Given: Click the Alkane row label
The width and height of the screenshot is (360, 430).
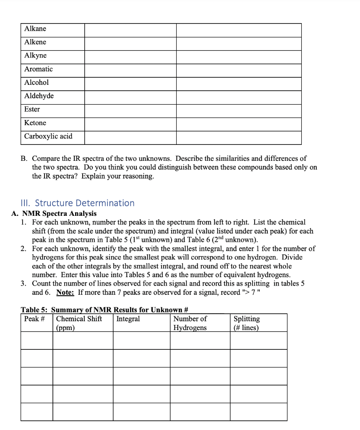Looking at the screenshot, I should click(x=35, y=29).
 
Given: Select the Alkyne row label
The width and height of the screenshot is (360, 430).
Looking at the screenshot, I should click(x=35, y=56).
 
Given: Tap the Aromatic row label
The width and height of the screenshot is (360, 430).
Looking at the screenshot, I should click(x=38, y=69).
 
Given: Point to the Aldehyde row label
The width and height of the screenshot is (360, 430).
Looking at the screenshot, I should click(x=39, y=96).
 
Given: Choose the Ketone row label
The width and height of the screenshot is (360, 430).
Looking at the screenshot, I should click(x=35, y=123).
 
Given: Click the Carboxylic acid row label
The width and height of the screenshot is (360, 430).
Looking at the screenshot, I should click(x=48, y=136).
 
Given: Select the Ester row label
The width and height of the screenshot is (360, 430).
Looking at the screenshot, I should click(x=32, y=110).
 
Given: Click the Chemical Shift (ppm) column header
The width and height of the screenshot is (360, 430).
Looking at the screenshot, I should click(x=79, y=323).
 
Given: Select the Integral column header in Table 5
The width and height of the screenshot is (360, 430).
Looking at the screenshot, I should click(x=128, y=319).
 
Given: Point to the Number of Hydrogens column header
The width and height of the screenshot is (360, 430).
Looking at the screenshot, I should click(x=190, y=323).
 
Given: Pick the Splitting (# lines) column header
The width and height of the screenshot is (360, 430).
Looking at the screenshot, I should click(x=246, y=323).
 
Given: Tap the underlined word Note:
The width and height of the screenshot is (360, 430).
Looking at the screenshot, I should click(x=65, y=292).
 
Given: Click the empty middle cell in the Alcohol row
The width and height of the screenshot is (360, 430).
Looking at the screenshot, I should click(x=130, y=83).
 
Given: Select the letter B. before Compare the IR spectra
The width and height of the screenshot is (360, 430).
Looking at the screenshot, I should click(x=25, y=159).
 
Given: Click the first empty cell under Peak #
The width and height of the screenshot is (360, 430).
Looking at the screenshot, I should click(x=37, y=341).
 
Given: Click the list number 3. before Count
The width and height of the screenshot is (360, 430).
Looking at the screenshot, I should click(x=23, y=283).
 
